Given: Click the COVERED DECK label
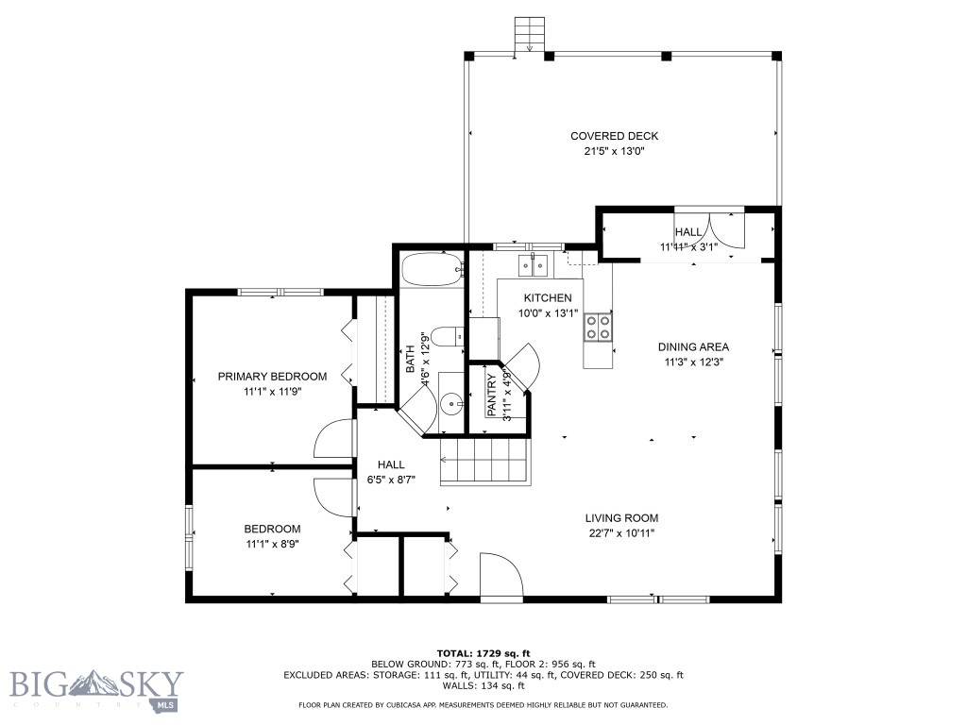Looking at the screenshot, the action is (x=614, y=136).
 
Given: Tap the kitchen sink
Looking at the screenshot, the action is (x=534, y=265).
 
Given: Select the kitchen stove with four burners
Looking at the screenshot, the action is (x=598, y=327).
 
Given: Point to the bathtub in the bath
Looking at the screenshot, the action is (x=433, y=269).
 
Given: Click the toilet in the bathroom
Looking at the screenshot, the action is (x=447, y=337).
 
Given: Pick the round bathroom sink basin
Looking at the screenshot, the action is (x=454, y=404).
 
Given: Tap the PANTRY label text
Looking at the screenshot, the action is (x=491, y=396).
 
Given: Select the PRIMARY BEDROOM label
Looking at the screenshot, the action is (x=272, y=377).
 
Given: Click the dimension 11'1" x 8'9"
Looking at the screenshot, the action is (x=272, y=545).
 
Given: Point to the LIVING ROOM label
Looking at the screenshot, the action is (x=621, y=518).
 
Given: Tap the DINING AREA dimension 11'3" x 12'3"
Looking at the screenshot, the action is (x=693, y=362).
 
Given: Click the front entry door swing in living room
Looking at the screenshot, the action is (x=502, y=575).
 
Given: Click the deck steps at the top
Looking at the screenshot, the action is (x=530, y=35).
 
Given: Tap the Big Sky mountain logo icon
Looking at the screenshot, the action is (x=92, y=683).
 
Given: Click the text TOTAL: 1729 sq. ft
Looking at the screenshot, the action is (x=483, y=653).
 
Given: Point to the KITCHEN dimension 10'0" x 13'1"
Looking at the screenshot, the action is (x=549, y=313).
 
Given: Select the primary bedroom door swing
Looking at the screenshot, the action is (x=334, y=438).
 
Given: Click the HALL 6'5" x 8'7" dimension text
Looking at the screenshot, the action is (x=391, y=480).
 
